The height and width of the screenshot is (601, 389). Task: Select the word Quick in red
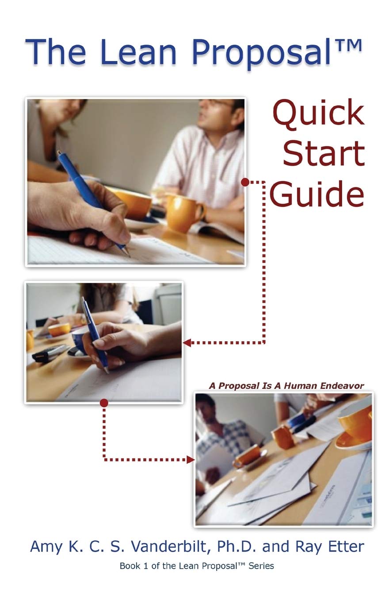coord(318,114)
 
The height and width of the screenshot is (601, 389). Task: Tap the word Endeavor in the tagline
coord(343,386)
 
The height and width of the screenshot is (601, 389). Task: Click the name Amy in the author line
coord(46,546)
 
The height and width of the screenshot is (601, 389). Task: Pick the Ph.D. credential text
coord(238,546)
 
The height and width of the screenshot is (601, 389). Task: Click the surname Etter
coord(343,546)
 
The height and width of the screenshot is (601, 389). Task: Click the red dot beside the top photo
coord(245,182)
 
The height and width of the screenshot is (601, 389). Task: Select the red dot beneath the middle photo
coord(104,403)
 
